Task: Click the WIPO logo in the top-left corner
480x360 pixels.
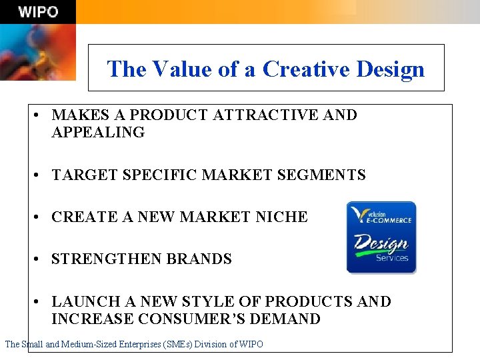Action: point(37,11)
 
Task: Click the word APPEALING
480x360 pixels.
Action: point(98,132)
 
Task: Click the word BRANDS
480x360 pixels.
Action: point(199,259)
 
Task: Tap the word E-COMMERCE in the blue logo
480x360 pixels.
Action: point(390,219)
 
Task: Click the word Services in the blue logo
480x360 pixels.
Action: point(392,258)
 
